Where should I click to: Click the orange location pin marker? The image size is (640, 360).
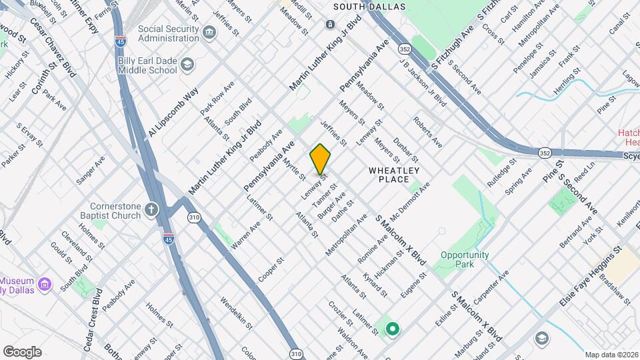coord(321,159)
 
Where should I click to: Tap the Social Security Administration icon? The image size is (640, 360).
coord(209,33)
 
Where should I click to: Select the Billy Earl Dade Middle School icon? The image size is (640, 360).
coord(187,65)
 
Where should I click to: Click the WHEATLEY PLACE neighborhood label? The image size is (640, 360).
coord(394,175)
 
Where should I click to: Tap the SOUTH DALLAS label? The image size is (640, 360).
coord(361,6)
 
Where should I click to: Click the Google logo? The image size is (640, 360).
coord(22,352)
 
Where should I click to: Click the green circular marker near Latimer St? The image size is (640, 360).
coord(393,328)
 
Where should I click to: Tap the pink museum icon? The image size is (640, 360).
coord(45,285)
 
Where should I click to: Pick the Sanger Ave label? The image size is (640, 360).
coord(91,169)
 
